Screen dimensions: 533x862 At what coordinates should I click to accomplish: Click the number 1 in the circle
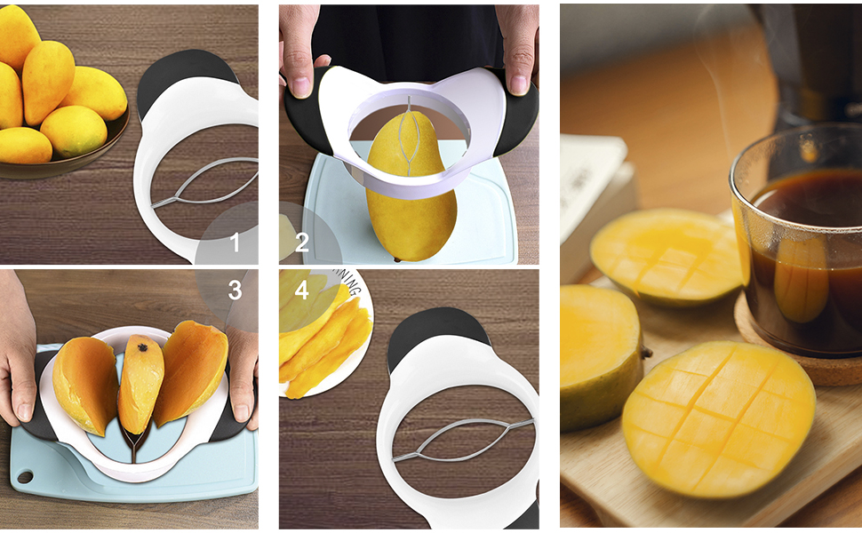pyautogui.click(x=235, y=242)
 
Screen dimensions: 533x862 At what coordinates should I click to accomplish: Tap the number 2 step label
pyautogui.click(x=301, y=242)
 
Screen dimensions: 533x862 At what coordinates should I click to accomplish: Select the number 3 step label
pyautogui.click(x=235, y=290)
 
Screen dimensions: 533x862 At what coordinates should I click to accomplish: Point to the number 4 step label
pyautogui.click(x=301, y=290)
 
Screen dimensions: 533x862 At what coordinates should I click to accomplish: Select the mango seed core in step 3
pyautogui.click(x=140, y=382)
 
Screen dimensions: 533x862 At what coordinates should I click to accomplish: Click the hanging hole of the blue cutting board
pyautogui.click(x=24, y=477)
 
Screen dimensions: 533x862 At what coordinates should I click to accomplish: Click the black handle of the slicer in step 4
pyautogui.click(x=435, y=333)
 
